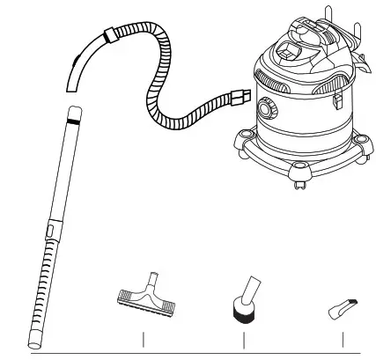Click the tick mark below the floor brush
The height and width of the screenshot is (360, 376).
[x=143, y=340]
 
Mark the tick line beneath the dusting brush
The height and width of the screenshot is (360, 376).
[x=242, y=340]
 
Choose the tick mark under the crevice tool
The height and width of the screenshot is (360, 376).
[x=342, y=340]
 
